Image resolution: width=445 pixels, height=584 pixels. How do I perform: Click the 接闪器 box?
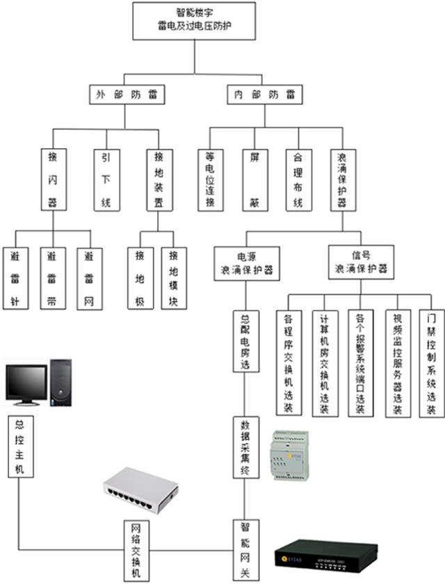(x=53, y=179)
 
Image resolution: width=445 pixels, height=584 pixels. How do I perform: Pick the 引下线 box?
(x=106, y=179)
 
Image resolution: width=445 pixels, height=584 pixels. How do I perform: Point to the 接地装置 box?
(x=158, y=179)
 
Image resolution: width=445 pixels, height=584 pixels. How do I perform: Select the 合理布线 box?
(x=298, y=179)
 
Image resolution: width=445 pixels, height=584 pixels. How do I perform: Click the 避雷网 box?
(x=88, y=278)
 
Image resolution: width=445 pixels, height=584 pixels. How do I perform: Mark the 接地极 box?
(x=140, y=278)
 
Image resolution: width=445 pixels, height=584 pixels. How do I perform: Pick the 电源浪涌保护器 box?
(x=246, y=263)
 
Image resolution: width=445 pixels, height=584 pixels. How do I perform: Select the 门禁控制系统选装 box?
(x=431, y=364)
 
